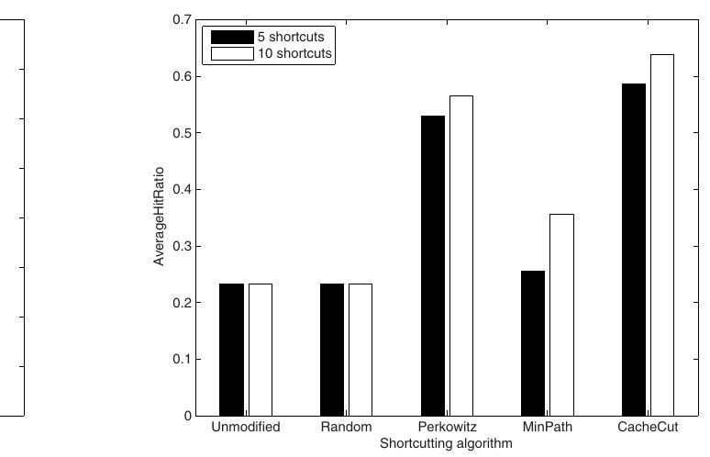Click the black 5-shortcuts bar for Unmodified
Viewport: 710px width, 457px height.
[231, 350]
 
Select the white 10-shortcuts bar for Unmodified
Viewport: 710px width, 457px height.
[261, 350]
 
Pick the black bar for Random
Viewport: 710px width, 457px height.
[332, 350]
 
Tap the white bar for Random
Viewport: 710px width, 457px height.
[361, 350]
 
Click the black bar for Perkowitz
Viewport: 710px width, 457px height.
[433, 266]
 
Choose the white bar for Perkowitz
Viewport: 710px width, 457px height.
[461, 256]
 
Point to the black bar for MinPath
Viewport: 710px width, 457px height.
[533, 343]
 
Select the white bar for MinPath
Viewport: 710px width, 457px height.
[562, 315]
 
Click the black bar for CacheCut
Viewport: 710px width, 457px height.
[634, 250]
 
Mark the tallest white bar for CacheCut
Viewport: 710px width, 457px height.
[662, 235]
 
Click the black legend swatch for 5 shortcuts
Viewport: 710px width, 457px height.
[232, 37]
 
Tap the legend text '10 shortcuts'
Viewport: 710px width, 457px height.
[294, 53]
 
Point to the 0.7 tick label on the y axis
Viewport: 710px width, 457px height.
[182, 20]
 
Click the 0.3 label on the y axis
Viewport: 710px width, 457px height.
[182, 246]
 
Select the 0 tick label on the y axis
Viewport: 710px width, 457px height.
[188, 416]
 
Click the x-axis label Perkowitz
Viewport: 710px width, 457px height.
[447, 427]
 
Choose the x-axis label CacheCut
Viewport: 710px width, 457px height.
[648, 427]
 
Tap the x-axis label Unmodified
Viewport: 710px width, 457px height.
[246, 427]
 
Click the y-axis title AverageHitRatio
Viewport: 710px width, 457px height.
[159, 217]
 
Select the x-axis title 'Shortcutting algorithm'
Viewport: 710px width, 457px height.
[446, 443]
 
